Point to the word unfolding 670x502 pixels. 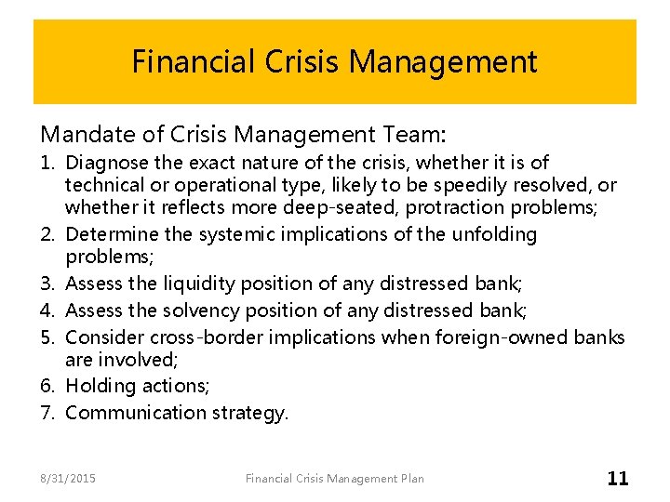(494, 234)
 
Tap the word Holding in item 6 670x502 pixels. (99, 385)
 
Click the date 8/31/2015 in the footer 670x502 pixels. (68, 479)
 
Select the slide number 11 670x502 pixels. (618, 479)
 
